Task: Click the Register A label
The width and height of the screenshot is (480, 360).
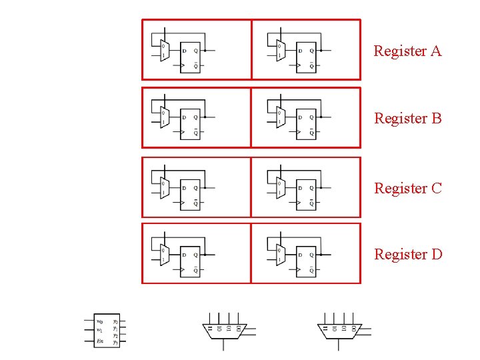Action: pos(407,51)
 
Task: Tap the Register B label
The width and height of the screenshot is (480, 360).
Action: pos(408,119)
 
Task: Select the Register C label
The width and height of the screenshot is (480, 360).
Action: pos(408,189)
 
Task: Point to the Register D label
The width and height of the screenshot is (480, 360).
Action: pos(408,255)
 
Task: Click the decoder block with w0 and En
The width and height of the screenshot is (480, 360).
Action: pos(107,331)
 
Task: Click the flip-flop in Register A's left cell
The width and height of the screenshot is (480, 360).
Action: pos(190,57)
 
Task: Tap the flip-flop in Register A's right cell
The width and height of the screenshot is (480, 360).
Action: pos(305,57)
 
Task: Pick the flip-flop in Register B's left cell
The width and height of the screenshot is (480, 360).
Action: pos(190,124)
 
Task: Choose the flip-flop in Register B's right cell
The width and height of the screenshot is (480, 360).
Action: pos(305,124)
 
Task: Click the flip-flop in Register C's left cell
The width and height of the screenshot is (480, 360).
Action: pos(190,195)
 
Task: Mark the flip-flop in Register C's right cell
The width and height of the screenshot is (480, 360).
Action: pos(305,195)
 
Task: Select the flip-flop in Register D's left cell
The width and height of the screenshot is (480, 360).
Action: pos(190,260)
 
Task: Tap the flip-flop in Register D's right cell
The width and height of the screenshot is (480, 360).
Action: pos(305,260)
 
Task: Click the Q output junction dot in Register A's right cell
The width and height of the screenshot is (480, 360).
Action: pos(321,50)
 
